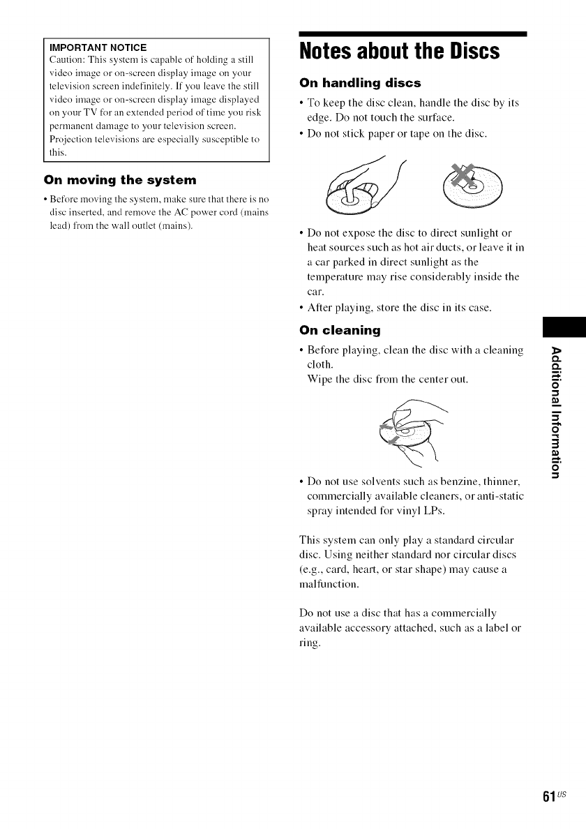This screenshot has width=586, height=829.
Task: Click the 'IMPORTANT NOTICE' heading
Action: [95, 47]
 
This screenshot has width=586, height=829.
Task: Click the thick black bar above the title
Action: [412, 33]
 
